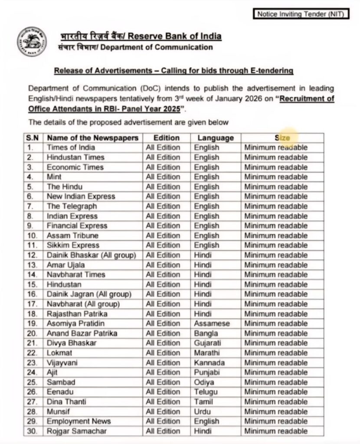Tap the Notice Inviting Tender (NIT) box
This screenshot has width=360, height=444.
(x=300, y=14)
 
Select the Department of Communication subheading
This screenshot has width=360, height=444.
(x=135, y=47)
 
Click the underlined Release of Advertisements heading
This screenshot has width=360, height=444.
(x=173, y=70)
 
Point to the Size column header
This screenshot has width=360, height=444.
(x=282, y=138)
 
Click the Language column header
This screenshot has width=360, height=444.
(x=216, y=138)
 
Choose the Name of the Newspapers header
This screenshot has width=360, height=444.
(x=93, y=138)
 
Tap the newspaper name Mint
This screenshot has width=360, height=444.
(x=54, y=177)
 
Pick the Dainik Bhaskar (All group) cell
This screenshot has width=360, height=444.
(x=91, y=255)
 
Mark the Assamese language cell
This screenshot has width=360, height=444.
(x=212, y=323)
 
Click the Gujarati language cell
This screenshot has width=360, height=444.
(x=209, y=343)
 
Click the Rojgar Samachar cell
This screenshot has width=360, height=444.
(x=77, y=431)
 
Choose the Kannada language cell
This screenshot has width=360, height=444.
(x=209, y=362)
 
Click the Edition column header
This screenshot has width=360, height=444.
(x=167, y=138)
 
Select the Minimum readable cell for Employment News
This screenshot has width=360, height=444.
(x=275, y=421)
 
